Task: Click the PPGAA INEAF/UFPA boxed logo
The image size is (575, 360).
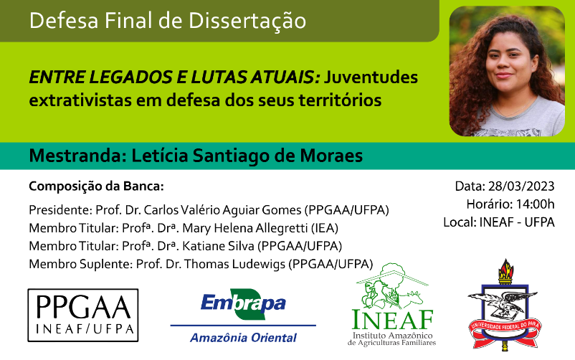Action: (83, 316)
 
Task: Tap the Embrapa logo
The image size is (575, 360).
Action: (243, 316)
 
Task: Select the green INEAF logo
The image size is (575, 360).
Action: (392, 305)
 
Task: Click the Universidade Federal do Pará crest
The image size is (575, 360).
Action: (505, 304)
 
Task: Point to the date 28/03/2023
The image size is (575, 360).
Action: (521, 186)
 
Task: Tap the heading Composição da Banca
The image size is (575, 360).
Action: (97, 186)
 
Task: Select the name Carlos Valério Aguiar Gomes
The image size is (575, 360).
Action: (222, 210)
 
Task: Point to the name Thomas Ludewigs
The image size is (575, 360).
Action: (234, 264)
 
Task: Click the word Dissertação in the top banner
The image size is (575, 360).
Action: (247, 21)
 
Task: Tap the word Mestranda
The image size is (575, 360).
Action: (77, 156)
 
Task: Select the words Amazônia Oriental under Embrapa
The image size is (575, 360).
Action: (243, 337)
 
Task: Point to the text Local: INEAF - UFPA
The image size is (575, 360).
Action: (499, 222)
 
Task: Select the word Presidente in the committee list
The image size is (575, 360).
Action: (60, 210)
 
